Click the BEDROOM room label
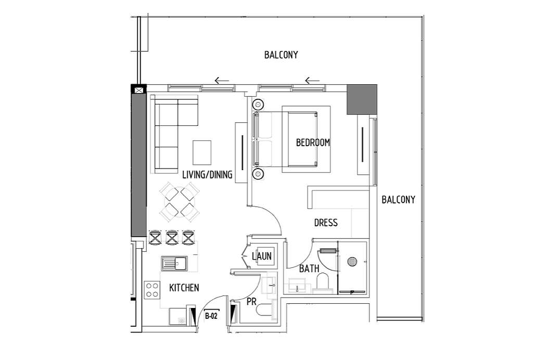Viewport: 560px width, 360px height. (313, 143)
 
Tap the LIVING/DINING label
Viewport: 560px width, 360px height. (207, 175)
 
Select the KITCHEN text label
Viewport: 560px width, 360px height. (184, 288)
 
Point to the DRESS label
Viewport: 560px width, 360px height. (326, 223)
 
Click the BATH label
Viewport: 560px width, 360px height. (309, 268)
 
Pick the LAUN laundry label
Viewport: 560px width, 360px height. (262, 256)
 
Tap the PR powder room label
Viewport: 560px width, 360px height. (251, 302)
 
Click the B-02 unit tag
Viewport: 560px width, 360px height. (211, 316)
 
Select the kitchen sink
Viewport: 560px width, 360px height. (174, 264)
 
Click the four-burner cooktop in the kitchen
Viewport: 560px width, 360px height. (152, 290)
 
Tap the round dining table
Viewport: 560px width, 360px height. (180, 202)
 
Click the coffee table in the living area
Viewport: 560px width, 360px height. (202, 152)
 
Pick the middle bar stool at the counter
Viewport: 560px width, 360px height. (172, 237)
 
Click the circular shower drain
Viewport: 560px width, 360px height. (352, 262)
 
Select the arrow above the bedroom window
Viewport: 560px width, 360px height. (312, 81)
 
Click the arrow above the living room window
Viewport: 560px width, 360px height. (222, 81)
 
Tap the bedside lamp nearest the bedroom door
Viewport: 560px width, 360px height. (258, 174)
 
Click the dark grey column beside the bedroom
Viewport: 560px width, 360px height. (362, 100)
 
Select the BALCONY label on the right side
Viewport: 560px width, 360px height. (398, 200)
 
